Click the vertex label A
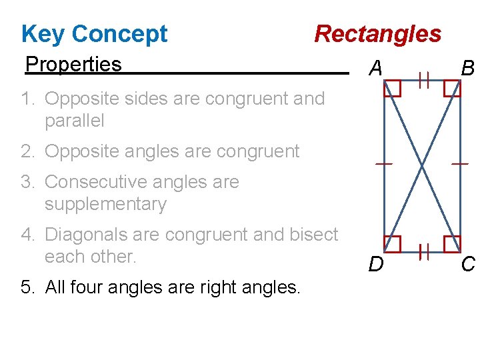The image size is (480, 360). click(x=376, y=67)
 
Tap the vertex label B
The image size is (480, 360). click(x=468, y=67)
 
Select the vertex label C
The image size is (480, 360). click(x=468, y=265)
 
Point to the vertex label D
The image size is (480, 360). click(x=376, y=265)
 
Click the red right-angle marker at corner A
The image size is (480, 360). click(x=392, y=88)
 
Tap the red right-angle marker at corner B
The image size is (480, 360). click(x=452, y=88)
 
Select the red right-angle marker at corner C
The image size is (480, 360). click(x=452, y=244)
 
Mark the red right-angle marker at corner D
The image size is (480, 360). click(x=392, y=244)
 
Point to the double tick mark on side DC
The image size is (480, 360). click(x=423, y=251)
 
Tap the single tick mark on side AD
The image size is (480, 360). click(x=383, y=163)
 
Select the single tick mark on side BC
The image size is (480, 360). click(x=460, y=163)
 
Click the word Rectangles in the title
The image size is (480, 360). click(x=377, y=33)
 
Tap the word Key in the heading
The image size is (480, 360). click(x=43, y=33)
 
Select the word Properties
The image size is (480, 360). click(x=73, y=64)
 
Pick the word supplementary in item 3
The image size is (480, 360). click(x=105, y=203)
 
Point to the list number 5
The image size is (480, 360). click(x=27, y=287)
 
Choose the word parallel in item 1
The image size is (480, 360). click(x=75, y=121)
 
